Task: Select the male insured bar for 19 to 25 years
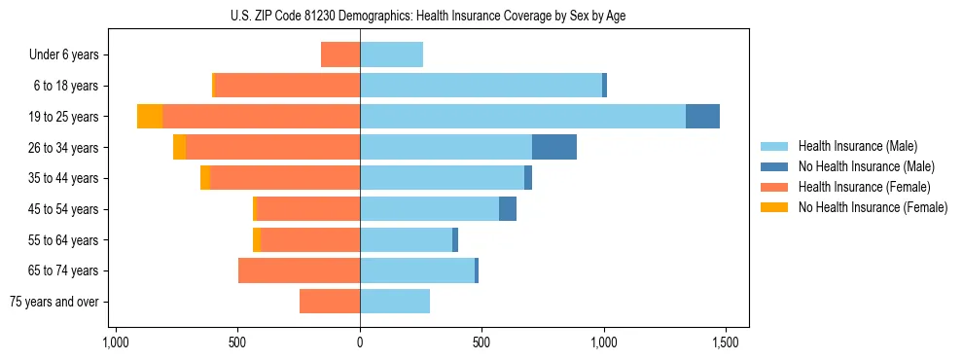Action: click(522, 116)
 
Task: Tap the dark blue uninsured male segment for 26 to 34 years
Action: click(554, 147)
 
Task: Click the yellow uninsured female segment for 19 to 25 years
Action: click(150, 116)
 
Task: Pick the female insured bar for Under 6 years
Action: click(340, 54)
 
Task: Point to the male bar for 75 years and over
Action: click(395, 302)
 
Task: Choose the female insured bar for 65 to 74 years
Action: click(299, 270)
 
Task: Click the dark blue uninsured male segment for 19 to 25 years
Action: click(702, 116)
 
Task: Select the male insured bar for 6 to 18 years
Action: click(481, 86)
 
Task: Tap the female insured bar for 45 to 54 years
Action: click(307, 208)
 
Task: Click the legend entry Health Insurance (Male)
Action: click(857, 146)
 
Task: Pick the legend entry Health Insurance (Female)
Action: click(864, 187)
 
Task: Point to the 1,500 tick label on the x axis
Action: click(726, 342)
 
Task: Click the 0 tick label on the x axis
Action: click(360, 342)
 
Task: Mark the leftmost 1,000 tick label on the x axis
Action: click(116, 342)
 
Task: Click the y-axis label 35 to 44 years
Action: click(64, 178)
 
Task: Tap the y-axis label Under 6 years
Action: click(63, 54)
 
